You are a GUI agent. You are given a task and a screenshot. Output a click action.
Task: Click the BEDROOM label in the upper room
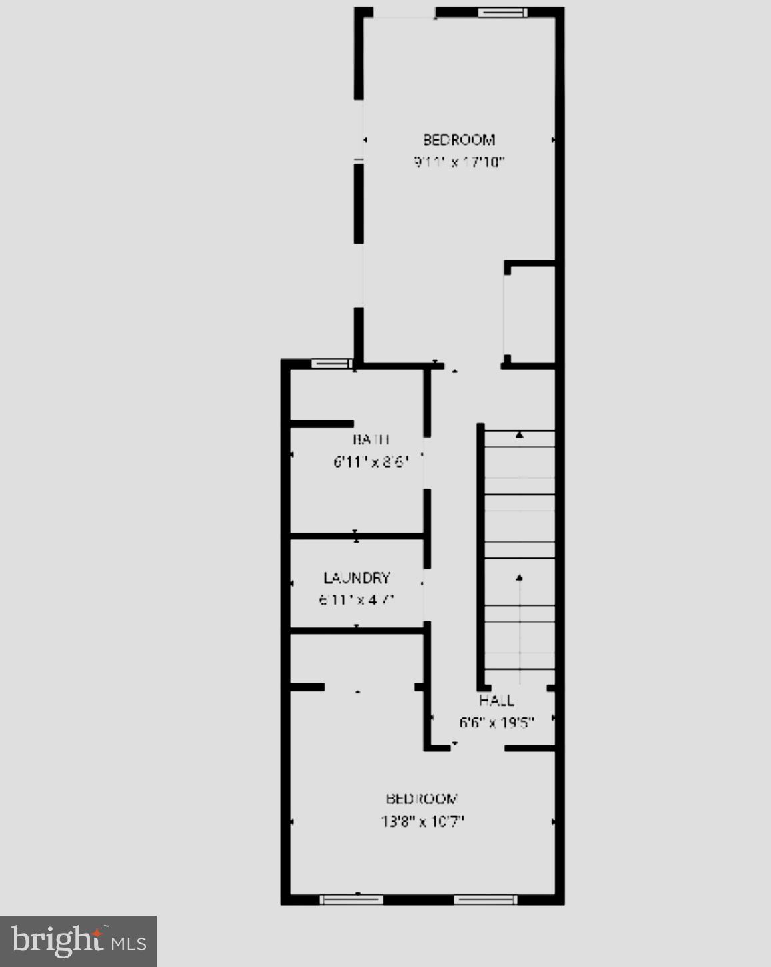tap(459, 140)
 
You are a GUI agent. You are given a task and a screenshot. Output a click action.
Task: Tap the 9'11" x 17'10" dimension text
tap(459, 162)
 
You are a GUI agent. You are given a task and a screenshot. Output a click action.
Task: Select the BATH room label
tap(371, 440)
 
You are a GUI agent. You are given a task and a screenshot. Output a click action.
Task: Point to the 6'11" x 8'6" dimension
tap(370, 461)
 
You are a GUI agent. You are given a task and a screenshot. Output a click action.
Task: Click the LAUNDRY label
tap(357, 578)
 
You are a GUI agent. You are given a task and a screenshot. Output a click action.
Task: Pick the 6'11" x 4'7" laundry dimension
tap(357, 599)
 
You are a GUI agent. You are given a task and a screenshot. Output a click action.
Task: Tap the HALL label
tap(496, 700)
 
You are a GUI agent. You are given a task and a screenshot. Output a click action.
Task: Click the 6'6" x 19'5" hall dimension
tap(496, 722)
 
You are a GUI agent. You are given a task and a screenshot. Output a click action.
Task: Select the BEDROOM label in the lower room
tap(422, 799)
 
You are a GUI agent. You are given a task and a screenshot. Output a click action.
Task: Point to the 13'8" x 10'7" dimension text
tap(422, 821)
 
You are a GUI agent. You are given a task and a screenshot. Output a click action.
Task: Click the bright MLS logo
tap(79, 941)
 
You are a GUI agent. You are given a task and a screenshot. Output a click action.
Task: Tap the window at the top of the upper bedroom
tap(502, 12)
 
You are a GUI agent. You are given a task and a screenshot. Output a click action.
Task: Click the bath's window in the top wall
tap(331, 364)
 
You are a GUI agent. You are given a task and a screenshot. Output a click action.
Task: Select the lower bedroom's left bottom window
tap(351, 900)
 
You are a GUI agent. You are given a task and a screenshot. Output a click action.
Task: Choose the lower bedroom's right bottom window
tap(485, 900)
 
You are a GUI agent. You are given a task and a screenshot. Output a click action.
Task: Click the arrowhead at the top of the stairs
tap(520, 435)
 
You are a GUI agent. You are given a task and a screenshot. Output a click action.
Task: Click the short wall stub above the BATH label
tap(322, 424)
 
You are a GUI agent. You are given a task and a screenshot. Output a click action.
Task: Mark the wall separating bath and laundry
tap(357, 535)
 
